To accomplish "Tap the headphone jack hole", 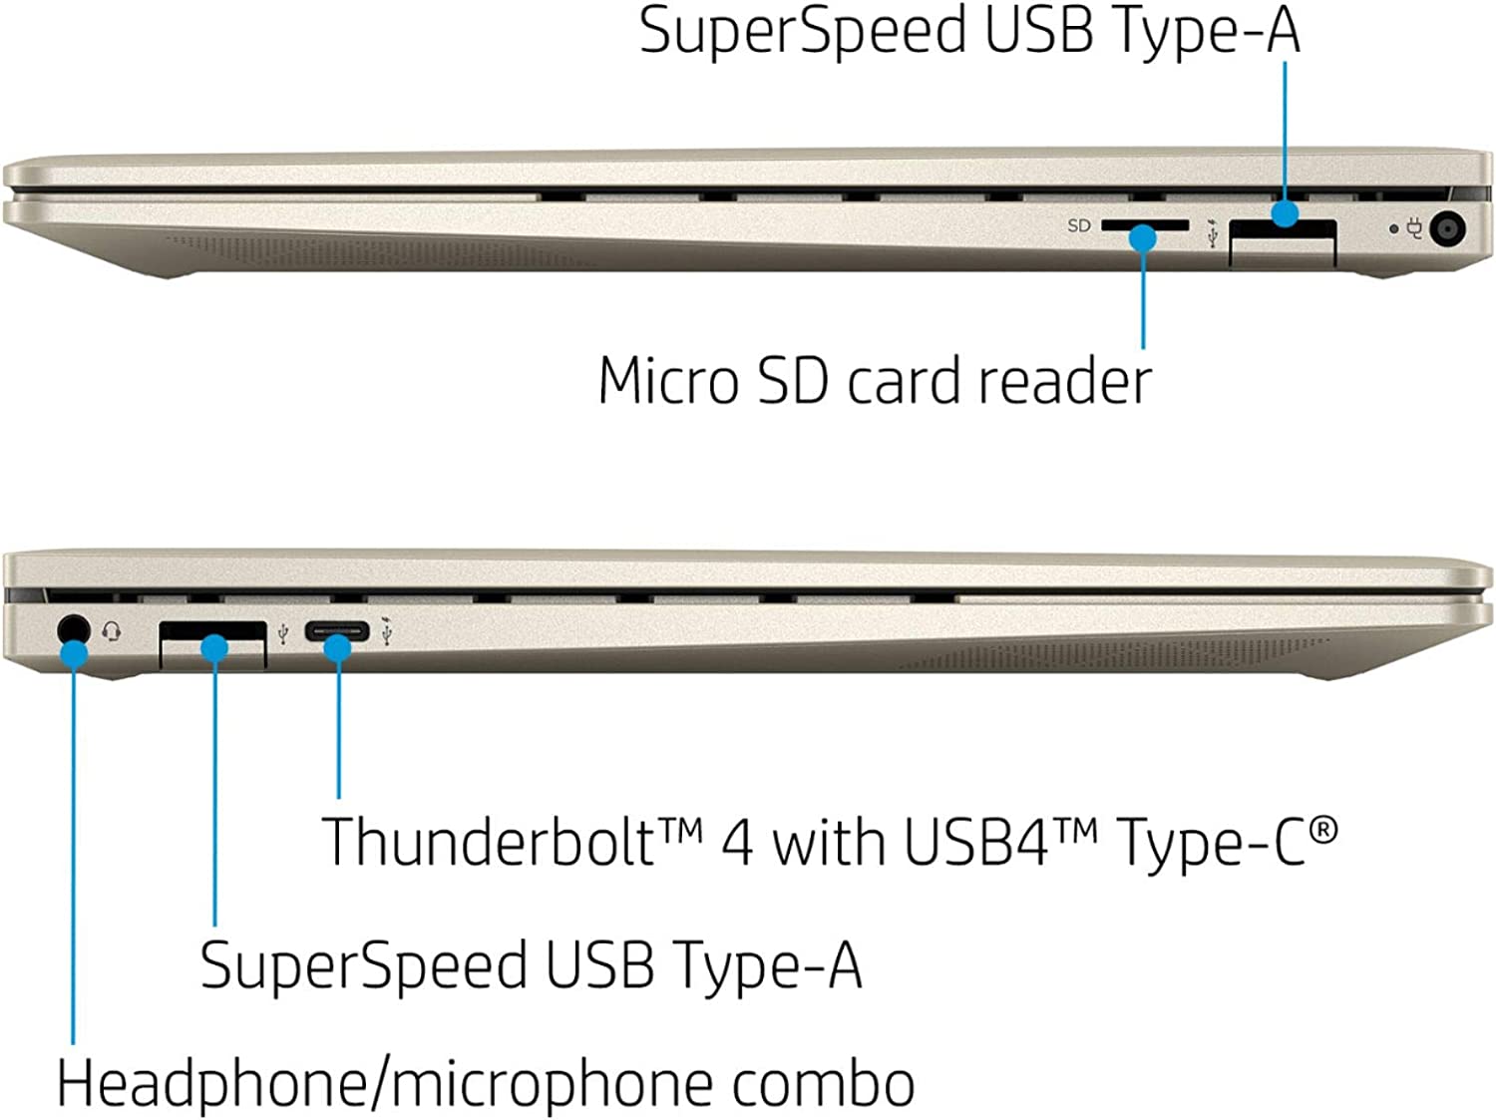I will click(x=71, y=629).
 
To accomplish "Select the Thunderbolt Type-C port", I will click(x=337, y=630).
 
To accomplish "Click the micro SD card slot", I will click(x=1144, y=225).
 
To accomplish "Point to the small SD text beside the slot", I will click(x=1078, y=226).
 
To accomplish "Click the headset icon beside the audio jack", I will click(x=112, y=631).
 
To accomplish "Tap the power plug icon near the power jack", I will click(x=1413, y=228).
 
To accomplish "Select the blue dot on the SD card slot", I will click(x=1143, y=238).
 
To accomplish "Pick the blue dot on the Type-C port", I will click(x=338, y=648).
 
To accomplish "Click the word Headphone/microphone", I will click(x=385, y=1084).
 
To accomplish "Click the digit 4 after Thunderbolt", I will click(x=737, y=844).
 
